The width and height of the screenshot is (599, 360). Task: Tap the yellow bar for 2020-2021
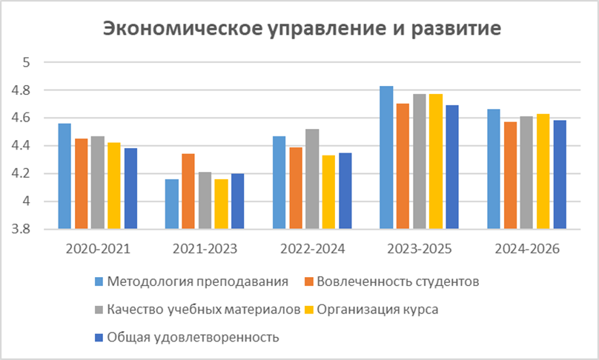114,185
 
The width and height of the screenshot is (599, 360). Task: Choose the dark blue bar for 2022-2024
345,190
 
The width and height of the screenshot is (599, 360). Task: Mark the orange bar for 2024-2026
510,175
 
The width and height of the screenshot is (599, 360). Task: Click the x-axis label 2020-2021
98,249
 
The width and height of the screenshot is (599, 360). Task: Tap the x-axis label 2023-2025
420,249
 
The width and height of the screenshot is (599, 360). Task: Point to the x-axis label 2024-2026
527,249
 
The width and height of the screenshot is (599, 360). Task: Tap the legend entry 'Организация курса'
378,310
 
